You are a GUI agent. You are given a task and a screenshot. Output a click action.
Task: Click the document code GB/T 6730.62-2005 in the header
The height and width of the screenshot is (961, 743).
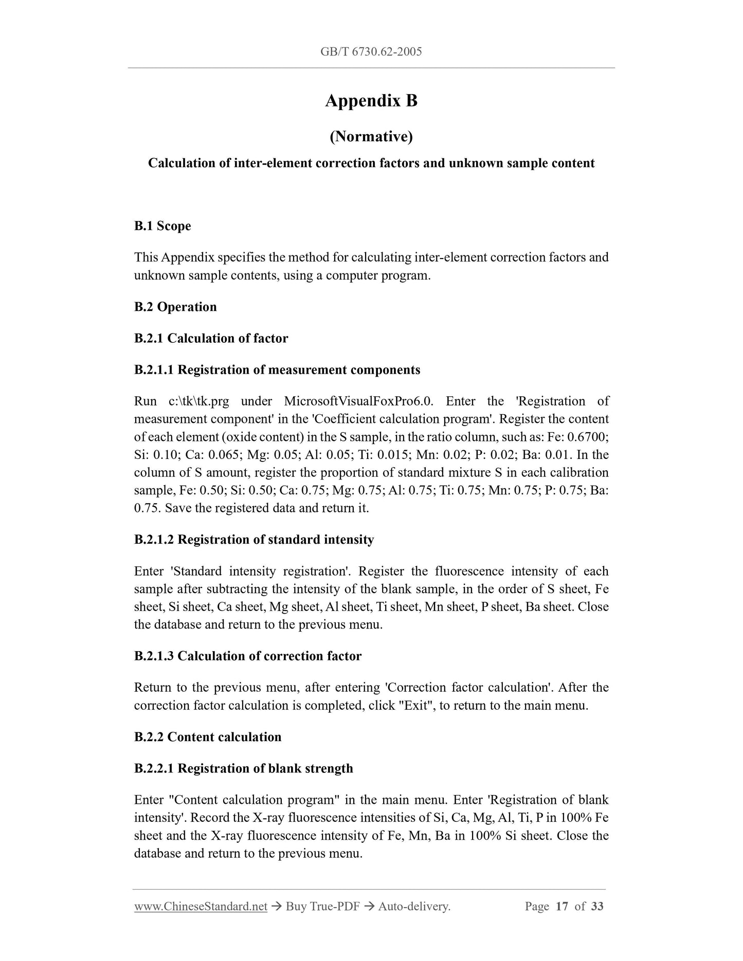(x=371, y=51)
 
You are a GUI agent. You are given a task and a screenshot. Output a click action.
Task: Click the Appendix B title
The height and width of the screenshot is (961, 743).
(x=371, y=101)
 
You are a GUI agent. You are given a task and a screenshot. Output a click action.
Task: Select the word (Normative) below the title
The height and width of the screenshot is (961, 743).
(x=371, y=137)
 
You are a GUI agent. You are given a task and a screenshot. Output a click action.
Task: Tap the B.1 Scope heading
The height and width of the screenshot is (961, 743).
(x=162, y=226)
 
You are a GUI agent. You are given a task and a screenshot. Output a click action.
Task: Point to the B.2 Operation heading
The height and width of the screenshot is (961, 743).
(x=175, y=307)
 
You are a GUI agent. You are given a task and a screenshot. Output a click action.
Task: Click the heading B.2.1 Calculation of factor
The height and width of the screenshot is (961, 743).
(x=211, y=338)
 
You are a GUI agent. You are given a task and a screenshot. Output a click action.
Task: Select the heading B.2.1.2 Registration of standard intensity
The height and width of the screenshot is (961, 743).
(x=254, y=540)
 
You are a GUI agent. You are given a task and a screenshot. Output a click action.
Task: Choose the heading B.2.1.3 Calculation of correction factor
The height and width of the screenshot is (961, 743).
(x=248, y=656)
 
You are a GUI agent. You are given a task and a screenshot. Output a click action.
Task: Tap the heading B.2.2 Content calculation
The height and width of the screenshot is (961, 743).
(x=208, y=737)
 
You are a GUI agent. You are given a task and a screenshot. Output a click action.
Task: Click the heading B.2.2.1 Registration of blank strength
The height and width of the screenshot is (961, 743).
(x=244, y=769)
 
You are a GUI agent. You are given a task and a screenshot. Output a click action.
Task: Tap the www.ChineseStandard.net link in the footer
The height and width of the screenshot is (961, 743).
(x=201, y=907)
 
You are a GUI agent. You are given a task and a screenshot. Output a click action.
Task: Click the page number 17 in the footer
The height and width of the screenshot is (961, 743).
(x=562, y=907)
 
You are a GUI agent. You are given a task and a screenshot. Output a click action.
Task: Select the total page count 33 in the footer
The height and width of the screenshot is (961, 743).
(x=597, y=907)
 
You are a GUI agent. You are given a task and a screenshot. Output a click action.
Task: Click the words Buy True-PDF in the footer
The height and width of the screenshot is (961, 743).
(x=322, y=907)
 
